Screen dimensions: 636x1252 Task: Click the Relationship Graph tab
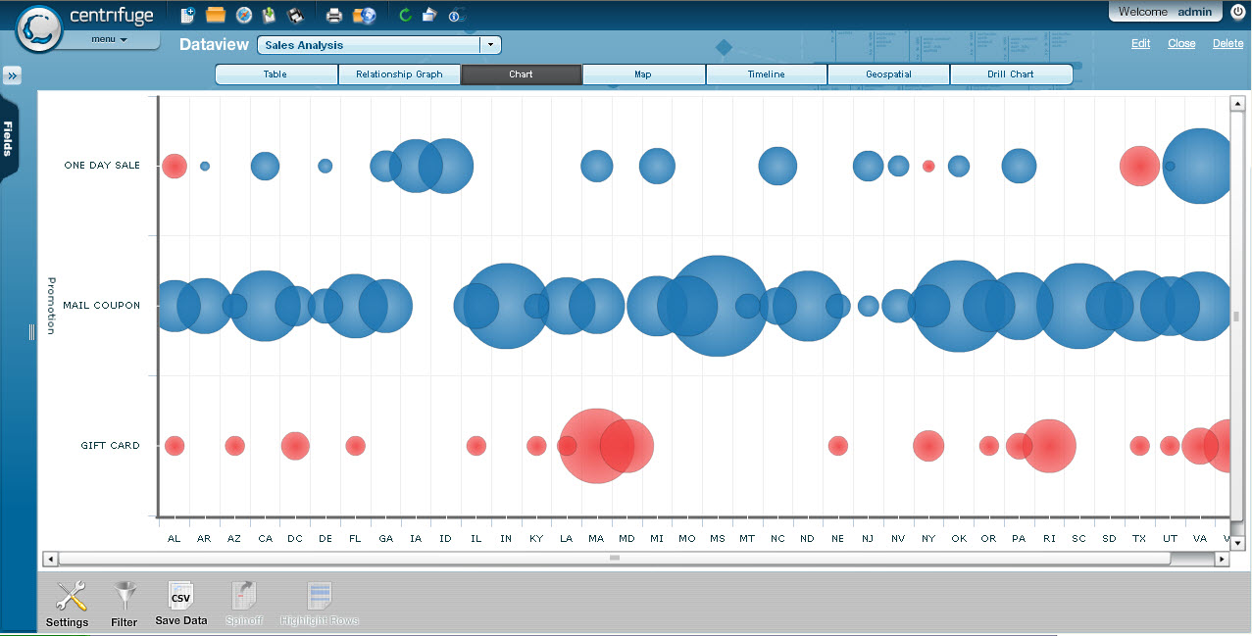[399, 74]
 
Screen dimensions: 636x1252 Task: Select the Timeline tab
[766, 74]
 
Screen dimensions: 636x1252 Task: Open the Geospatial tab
[888, 74]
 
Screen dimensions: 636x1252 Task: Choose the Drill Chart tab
[1010, 74]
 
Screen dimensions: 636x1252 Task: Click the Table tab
[275, 74]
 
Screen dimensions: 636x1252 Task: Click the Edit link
[1140, 44]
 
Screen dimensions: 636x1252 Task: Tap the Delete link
[1227, 44]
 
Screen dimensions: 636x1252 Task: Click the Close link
[1181, 44]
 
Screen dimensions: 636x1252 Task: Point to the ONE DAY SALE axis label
[102, 166]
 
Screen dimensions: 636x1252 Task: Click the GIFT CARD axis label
[110, 446]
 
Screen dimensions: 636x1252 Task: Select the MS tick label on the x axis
[718, 539]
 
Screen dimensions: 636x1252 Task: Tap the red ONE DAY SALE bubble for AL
[175, 166]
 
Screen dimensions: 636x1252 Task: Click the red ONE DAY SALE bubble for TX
[1139, 167]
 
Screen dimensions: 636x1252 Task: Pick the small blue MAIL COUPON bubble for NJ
[868, 306]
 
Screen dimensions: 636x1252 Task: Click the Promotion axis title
[52, 306]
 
